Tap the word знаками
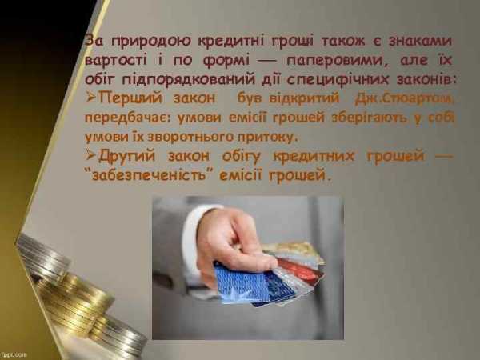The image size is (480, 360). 420,41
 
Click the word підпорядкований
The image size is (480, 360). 189,80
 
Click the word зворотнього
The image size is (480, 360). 190,137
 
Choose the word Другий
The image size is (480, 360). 126,156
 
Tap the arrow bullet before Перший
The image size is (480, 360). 91,98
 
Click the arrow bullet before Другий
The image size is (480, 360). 91,155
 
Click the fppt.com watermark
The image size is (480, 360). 14,354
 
